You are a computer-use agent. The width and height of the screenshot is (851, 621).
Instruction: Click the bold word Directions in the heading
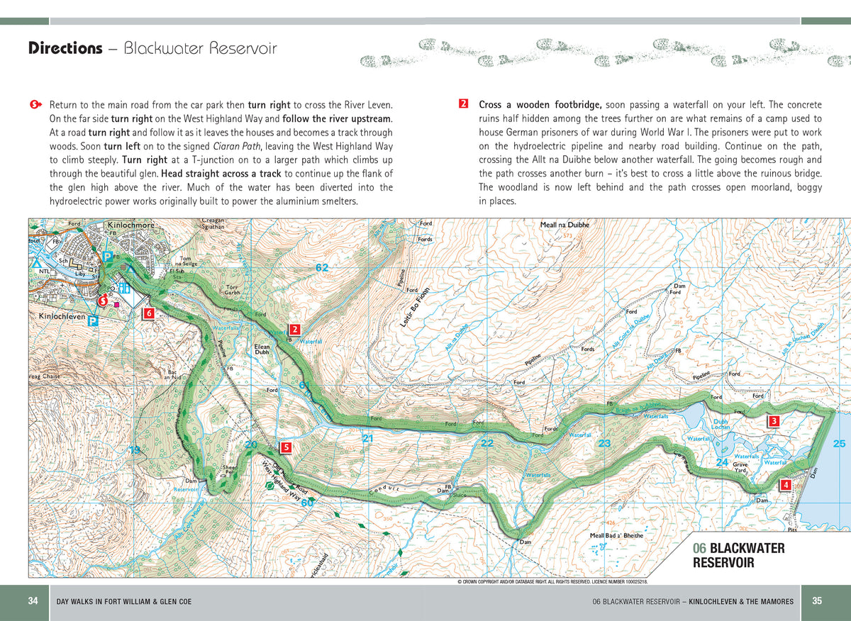point(65,48)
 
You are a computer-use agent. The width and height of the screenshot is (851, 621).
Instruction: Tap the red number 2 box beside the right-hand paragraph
point(463,104)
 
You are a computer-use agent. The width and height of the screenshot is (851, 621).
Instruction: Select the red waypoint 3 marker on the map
point(774,421)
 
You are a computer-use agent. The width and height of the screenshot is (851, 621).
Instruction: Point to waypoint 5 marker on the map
point(285,447)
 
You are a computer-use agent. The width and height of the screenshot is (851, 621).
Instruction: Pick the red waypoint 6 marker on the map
point(149,313)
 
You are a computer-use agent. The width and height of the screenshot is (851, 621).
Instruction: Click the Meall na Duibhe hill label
point(564,225)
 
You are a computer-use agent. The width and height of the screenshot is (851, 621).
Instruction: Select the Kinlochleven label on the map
point(62,315)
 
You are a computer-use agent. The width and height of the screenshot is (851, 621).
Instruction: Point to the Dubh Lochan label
point(721,424)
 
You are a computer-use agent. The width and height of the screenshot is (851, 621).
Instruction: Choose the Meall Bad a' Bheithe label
point(616,535)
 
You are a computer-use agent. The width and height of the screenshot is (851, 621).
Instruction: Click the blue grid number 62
point(322,267)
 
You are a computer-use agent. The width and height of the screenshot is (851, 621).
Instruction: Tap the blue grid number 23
point(604,444)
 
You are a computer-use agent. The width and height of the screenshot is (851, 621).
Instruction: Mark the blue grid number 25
point(839,444)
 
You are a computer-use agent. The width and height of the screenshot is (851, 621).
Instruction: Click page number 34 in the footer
point(33,601)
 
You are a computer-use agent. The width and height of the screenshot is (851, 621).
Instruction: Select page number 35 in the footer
point(817,601)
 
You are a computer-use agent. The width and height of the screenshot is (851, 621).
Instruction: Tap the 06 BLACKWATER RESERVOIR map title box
point(739,555)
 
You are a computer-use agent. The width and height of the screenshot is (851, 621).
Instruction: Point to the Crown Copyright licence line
point(552,581)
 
